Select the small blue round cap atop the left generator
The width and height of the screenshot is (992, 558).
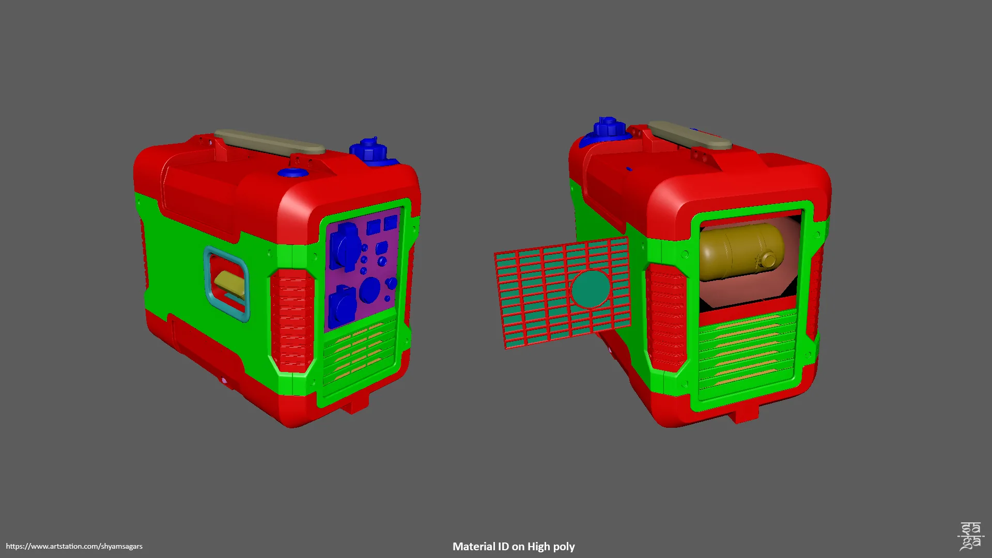pyautogui.click(x=293, y=172)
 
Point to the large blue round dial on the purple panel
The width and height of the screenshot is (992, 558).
pyautogui.click(x=370, y=290)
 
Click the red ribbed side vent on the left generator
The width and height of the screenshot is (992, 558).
pyautogui.click(x=292, y=320)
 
